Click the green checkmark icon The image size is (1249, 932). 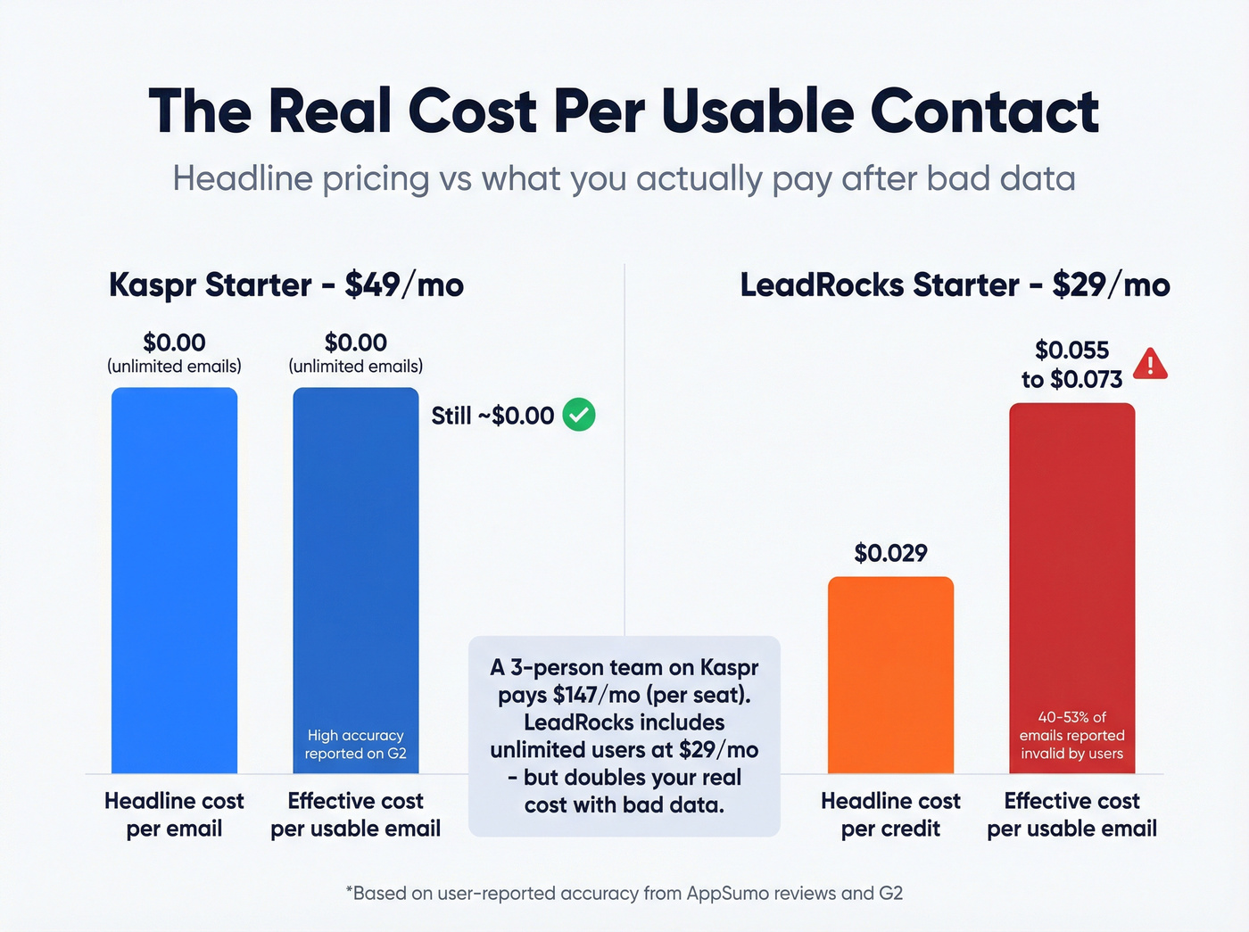579,415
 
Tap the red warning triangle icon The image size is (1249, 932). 1150,365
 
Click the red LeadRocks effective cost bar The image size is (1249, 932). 1071,571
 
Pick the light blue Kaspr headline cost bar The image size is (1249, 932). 174,580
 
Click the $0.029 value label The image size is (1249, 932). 890,553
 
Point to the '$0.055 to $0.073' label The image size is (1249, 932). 1071,364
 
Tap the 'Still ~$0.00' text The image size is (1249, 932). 492,416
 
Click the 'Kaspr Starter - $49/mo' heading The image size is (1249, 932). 286,285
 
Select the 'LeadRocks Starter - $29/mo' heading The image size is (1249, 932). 955,285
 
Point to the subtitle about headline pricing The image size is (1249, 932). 624,178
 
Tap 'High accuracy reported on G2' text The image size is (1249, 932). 355,744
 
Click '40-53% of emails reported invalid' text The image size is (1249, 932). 1071,735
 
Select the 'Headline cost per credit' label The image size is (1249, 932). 890,814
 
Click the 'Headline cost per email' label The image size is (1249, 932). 174,814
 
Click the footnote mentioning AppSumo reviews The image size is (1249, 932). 624,893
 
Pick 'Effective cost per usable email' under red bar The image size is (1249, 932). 1071,814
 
